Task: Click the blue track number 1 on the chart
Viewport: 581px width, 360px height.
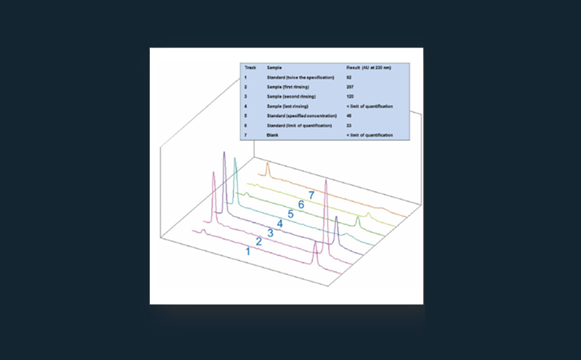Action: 248,252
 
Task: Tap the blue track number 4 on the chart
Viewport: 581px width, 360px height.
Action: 280,223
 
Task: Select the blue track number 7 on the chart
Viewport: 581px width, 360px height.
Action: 310,195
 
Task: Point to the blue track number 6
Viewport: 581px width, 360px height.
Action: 300,204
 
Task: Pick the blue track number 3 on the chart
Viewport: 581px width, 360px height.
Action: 270,232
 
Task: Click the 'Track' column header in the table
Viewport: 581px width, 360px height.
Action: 250,67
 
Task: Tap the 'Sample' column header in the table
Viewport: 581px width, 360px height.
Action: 274,67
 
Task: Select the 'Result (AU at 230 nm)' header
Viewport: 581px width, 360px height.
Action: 369,67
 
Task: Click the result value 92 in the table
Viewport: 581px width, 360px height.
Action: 349,77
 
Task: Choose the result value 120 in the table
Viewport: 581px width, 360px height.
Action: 350,96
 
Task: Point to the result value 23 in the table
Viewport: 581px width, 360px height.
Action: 349,126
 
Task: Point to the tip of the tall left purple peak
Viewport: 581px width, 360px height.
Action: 224,153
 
